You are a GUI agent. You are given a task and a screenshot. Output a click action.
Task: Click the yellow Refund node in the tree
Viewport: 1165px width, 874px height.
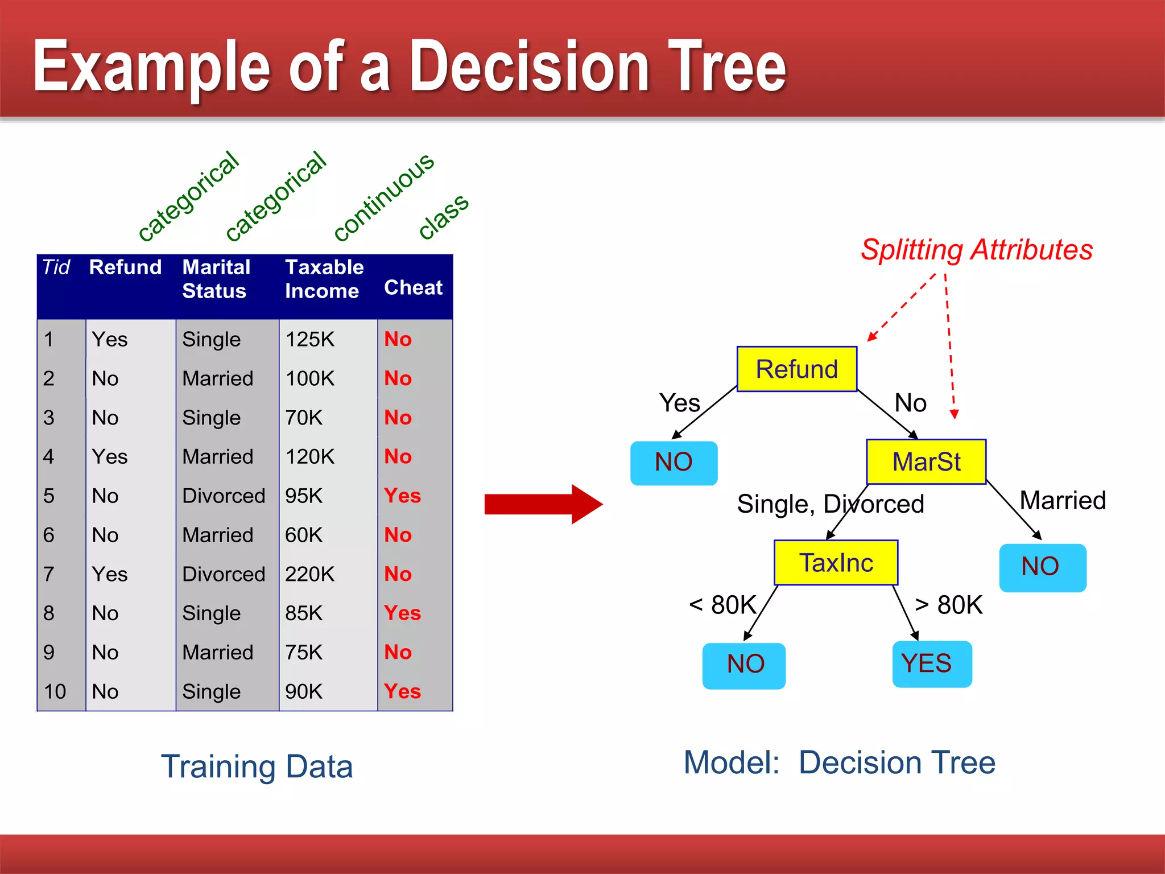click(796, 369)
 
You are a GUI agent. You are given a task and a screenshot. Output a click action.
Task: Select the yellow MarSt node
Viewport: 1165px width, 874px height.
click(926, 461)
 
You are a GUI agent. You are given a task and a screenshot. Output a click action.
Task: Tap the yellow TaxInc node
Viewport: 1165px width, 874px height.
click(836, 563)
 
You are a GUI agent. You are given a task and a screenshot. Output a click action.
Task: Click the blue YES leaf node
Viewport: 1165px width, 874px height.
click(932, 664)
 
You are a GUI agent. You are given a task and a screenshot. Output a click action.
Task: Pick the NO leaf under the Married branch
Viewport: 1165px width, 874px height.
click(1042, 567)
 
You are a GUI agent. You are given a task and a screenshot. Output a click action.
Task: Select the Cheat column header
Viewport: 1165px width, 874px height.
click(413, 287)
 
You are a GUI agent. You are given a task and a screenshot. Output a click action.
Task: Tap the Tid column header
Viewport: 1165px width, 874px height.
click(56, 267)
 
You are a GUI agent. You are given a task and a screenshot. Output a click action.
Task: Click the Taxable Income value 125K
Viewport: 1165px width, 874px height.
click(309, 339)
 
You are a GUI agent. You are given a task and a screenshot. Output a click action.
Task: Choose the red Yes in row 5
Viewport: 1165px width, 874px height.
click(402, 496)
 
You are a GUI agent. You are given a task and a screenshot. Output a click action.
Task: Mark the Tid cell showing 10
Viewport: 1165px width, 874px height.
click(55, 691)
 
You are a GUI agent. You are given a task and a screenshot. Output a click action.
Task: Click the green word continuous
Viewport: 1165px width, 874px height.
click(384, 197)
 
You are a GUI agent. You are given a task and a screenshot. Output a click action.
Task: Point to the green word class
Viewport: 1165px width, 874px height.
click(444, 216)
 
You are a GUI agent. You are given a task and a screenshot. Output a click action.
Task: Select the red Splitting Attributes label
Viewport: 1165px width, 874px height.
click(976, 250)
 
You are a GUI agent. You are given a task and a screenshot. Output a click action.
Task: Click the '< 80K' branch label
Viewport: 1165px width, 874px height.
click(722, 604)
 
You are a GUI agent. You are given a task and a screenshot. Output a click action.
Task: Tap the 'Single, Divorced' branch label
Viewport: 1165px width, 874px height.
click(830, 504)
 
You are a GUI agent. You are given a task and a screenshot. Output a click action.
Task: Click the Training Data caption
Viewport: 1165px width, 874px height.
click(257, 766)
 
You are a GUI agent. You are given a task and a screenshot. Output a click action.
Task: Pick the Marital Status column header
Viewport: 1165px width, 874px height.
click(216, 279)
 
